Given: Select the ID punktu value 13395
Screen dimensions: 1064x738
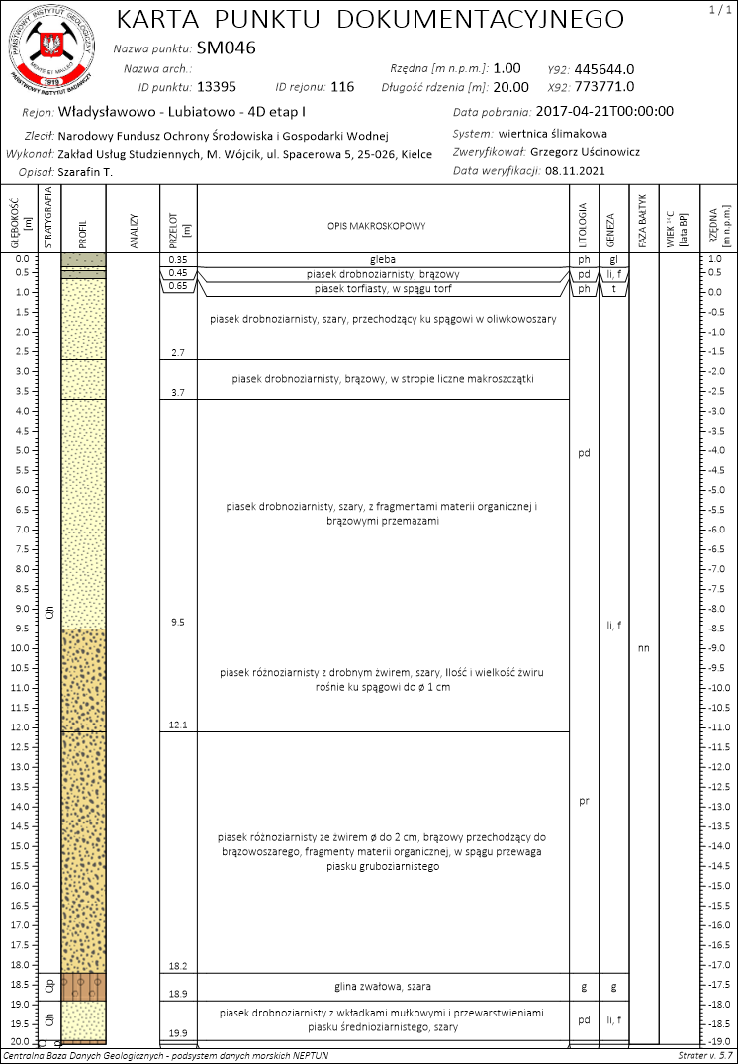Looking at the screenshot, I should click(x=217, y=86).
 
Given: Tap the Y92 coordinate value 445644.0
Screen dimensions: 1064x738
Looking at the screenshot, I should click(x=603, y=68).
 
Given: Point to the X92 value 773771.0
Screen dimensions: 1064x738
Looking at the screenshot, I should click(x=603, y=86).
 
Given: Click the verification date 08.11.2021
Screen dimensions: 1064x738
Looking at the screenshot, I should click(x=574, y=170).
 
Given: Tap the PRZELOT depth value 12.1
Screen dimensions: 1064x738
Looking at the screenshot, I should click(x=178, y=725).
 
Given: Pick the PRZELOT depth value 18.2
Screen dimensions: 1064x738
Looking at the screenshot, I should click(x=178, y=965).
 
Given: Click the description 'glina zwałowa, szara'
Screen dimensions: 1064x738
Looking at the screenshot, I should click(x=383, y=986).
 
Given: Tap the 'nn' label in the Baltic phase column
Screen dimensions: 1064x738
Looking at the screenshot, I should click(x=644, y=649).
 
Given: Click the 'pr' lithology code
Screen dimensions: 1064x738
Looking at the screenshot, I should click(x=584, y=801).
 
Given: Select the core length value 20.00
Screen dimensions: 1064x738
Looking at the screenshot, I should click(x=510, y=86).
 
